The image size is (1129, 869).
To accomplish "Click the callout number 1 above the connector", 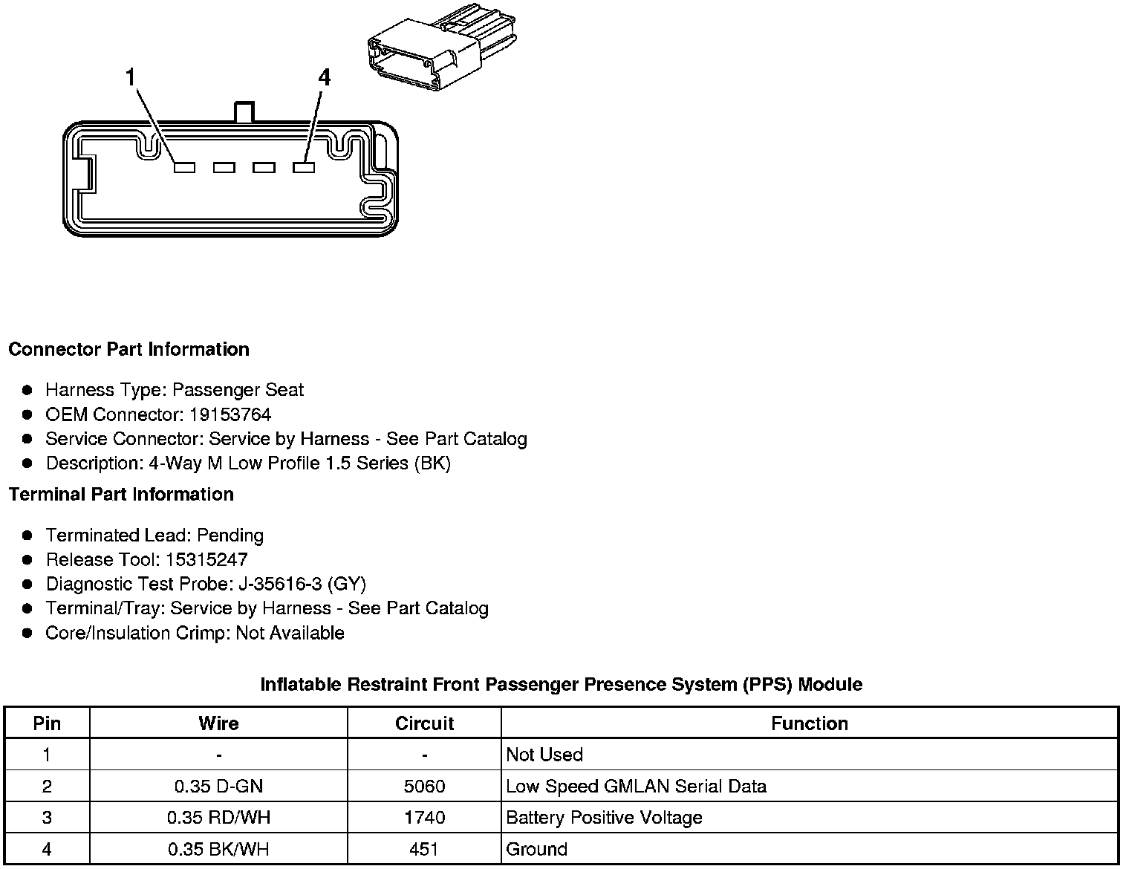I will tap(131, 77).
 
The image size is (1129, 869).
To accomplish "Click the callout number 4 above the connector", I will tap(324, 77).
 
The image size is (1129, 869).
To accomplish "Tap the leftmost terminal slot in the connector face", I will tap(184, 168).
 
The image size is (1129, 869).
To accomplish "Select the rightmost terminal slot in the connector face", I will tap(304, 168).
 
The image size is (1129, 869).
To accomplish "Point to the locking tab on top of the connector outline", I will tap(244, 112).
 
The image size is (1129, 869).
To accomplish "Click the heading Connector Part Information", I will tap(128, 349).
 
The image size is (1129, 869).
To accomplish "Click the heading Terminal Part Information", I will tap(121, 494).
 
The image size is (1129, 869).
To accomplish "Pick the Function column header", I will tap(809, 723).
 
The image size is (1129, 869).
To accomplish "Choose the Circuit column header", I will tap(424, 723).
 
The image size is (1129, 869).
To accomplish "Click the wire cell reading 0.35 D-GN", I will tap(218, 786).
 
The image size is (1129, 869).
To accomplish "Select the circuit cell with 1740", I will tap(424, 818).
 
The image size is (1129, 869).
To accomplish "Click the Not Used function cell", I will tap(544, 755).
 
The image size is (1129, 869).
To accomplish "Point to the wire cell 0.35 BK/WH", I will tap(218, 849).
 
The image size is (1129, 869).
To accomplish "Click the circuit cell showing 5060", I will tap(424, 786).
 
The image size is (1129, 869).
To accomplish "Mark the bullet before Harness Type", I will tap(27, 390).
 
